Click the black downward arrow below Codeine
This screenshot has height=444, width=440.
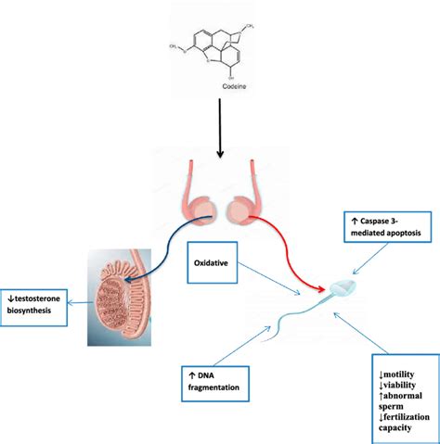click(220, 126)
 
